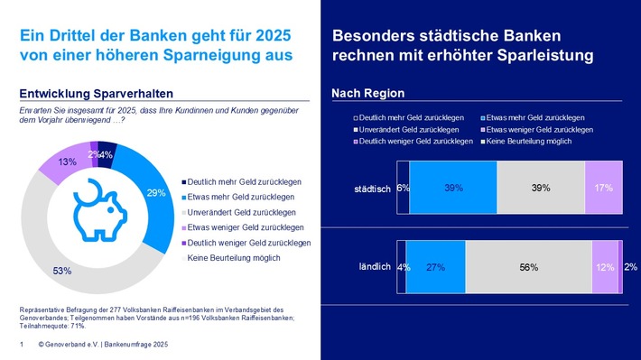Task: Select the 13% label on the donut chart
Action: point(41,162)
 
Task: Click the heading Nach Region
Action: point(368,94)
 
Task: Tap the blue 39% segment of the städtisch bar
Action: point(453,188)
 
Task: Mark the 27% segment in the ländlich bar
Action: point(435,267)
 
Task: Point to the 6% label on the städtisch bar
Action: point(404,188)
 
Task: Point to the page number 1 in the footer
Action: point(21,346)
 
